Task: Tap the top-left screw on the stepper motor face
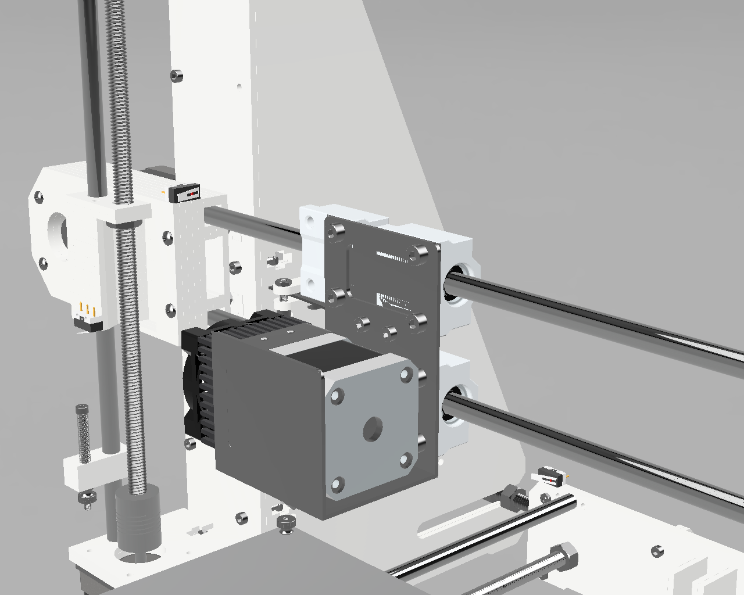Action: [336, 397]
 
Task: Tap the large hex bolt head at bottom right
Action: [563, 557]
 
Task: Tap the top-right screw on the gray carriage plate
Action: [417, 253]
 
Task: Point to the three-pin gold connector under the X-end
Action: [86, 313]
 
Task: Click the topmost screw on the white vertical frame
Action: [176, 75]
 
